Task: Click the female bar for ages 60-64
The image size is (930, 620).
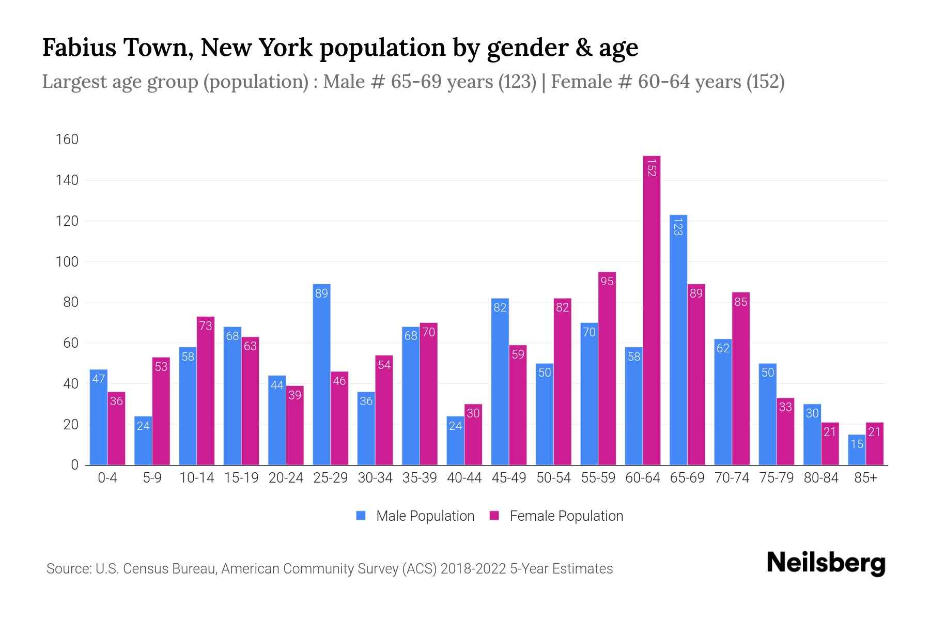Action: point(652,310)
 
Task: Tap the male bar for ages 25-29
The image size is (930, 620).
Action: point(321,375)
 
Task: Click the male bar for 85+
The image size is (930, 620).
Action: point(857,450)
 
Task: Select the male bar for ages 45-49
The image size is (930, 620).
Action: point(500,382)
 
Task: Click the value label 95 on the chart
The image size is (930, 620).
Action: point(607,281)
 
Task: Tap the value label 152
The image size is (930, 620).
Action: point(652,167)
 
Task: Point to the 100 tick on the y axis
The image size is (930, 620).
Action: point(67,262)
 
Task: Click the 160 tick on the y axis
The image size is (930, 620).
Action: point(67,139)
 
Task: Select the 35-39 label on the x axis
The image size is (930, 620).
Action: point(420,478)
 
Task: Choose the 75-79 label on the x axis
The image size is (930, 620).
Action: point(776,478)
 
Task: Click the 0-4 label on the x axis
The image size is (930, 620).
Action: point(107,478)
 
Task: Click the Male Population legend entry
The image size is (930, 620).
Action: point(425,516)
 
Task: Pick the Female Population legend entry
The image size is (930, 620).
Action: point(566,516)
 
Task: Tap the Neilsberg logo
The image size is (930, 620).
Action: point(826,563)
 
